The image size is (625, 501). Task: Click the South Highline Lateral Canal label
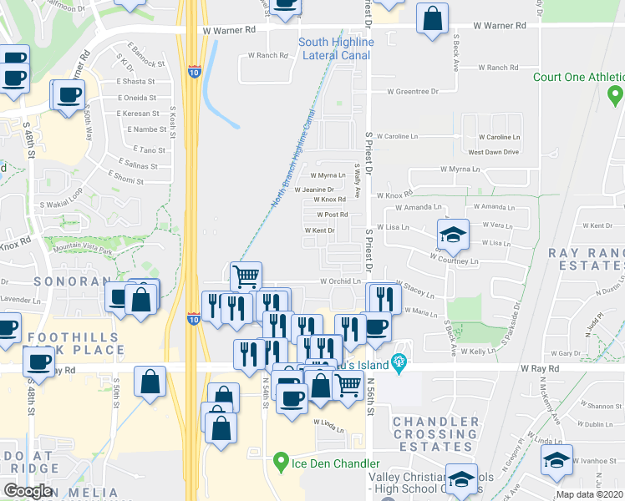[336, 48]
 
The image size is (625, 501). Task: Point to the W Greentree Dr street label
[414, 92]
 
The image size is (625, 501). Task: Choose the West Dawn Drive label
[493, 152]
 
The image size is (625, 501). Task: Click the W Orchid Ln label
[340, 281]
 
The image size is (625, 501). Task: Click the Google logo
[28, 491]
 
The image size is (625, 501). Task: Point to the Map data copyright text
[589, 495]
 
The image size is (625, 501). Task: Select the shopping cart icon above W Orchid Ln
[246, 276]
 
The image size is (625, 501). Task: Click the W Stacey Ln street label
[415, 290]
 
